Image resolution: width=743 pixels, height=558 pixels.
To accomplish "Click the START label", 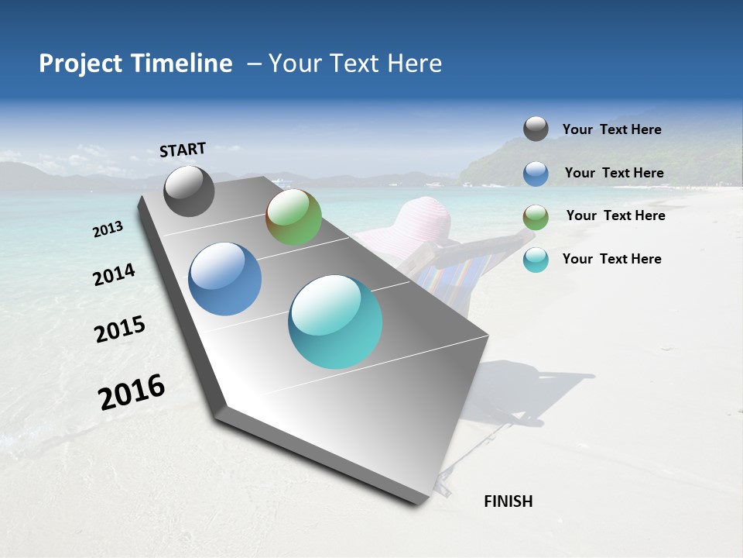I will click(x=183, y=150).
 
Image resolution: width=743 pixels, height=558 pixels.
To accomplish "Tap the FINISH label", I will click(x=508, y=501).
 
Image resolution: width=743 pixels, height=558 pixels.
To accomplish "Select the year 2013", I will click(x=108, y=229).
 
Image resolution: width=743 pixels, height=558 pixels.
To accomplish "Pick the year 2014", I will click(x=114, y=275).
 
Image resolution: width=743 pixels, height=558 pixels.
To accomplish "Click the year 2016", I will click(x=132, y=392).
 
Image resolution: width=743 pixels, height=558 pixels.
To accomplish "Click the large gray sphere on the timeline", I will click(x=189, y=191).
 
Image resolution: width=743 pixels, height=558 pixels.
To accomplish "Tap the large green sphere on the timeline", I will click(x=293, y=217).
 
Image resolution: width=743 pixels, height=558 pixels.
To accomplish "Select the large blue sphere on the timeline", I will click(x=224, y=279).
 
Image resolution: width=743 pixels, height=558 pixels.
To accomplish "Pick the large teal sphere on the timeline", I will click(x=335, y=322).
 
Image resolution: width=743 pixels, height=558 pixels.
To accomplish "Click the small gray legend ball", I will click(x=536, y=129).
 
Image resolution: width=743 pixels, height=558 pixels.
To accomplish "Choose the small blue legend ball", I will click(x=536, y=174).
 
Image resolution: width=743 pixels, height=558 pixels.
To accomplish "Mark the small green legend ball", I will click(x=536, y=218).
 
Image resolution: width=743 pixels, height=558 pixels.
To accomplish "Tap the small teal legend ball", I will click(x=536, y=260).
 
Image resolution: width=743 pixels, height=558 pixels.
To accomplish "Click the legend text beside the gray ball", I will click(x=611, y=130).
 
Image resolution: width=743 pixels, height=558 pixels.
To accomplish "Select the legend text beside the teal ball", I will click(x=611, y=259).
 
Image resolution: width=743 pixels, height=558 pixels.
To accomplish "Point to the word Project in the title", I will click(x=80, y=64).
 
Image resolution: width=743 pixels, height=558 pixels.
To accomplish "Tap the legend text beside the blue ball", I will click(x=614, y=173).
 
